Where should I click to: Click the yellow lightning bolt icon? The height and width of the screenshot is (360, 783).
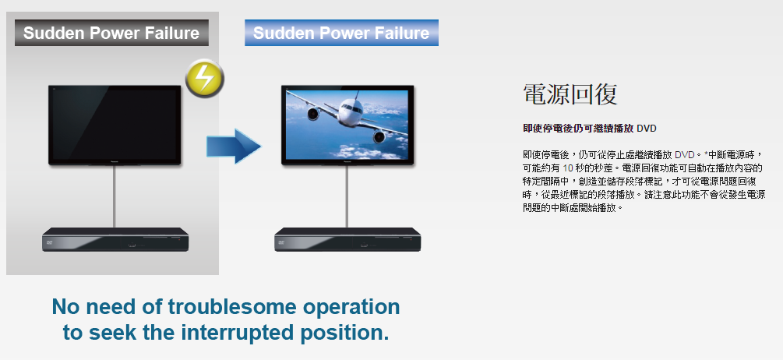pos(204,78)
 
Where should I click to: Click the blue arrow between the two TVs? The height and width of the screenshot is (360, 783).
pos(234,146)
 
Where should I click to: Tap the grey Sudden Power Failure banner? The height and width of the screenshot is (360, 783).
pos(111,33)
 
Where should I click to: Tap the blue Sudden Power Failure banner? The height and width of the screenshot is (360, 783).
pos(341,33)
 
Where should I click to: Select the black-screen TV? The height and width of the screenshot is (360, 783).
pos(115,125)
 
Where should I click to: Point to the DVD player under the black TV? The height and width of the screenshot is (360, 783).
pos(115,239)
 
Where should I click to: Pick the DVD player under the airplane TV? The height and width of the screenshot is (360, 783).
pos(347,239)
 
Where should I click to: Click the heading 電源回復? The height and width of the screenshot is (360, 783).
pos(570,94)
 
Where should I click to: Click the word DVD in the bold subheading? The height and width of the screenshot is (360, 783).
pos(647,129)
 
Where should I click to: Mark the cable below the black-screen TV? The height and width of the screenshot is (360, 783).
pos(115,196)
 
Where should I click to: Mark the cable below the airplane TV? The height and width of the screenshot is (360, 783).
pos(347,196)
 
